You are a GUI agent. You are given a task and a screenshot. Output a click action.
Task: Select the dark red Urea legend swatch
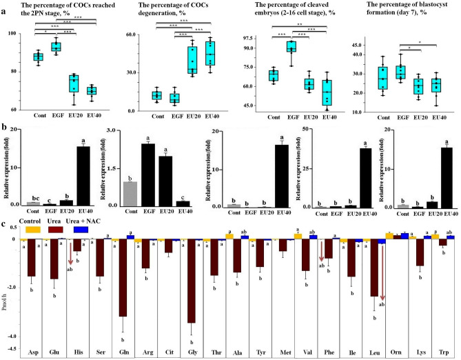(52, 228)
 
